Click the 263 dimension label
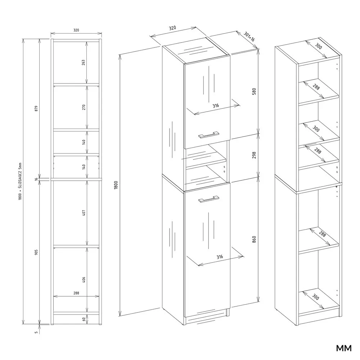[84, 62]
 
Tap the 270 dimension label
[84, 107]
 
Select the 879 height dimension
[36, 108]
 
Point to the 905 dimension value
[36, 252]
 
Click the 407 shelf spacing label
[84, 213]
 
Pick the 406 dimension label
[84, 280]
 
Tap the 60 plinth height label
[84, 319]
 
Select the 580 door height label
[254, 91]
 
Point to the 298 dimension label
[254, 155]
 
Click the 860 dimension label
[254, 239]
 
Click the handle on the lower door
[209, 199]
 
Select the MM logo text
[344, 348]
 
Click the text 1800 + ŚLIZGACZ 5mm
[20, 181]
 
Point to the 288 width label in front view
[76, 293]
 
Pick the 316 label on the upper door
[216, 106]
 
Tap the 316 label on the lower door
[220, 257]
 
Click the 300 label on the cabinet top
[319, 46]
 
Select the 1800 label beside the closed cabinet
[116, 185]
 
